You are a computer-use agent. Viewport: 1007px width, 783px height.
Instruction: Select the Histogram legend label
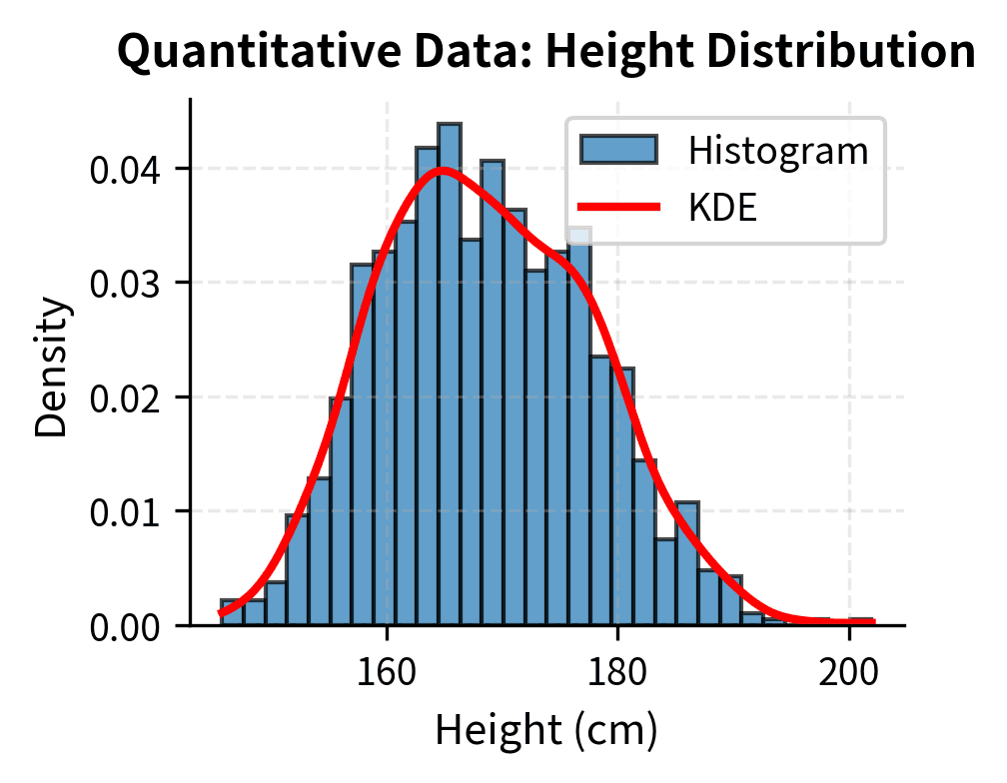[x=778, y=151]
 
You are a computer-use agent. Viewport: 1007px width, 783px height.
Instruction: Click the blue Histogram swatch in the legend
[x=618, y=150]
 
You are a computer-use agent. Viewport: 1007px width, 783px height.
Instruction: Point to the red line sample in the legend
[x=618, y=208]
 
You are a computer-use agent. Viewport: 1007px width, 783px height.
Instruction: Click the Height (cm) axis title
[x=545, y=731]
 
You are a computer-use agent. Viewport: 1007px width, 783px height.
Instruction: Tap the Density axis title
[x=52, y=365]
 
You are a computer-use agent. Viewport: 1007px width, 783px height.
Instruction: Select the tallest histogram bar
[x=450, y=380]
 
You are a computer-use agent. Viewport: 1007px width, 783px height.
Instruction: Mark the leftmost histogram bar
[x=232, y=613]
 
